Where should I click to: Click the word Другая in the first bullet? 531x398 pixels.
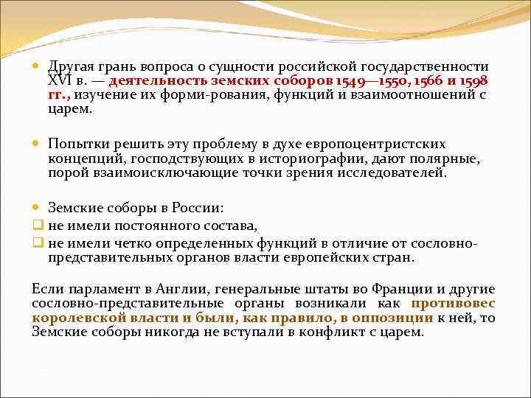(x=71, y=66)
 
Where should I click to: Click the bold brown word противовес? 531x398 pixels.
(x=453, y=304)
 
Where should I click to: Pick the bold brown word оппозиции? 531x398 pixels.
(x=394, y=318)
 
